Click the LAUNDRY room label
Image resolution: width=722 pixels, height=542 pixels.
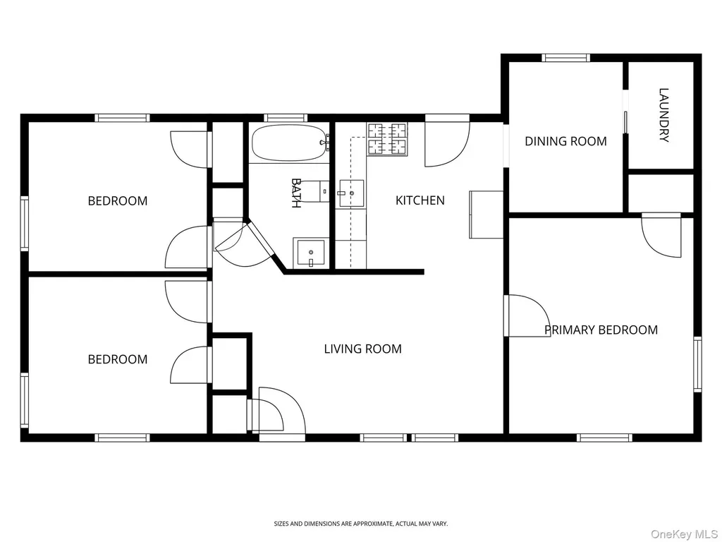pyautogui.click(x=663, y=115)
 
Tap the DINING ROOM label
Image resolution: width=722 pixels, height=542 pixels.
pyautogui.click(x=565, y=141)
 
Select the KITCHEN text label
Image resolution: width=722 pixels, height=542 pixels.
pyautogui.click(x=420, y=200)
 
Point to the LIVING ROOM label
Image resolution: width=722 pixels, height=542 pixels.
pyautogui.click(x=363, y=349)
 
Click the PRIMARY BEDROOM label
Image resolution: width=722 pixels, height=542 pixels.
pyautogui.click(x=601, y=330)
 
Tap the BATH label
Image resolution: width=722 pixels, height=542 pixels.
pyautogui.click(x=296, y=193)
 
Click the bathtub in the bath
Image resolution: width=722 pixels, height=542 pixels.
pyautogui.click(x=289, y=143)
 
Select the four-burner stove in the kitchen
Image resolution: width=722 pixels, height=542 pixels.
pyautogui.click(x=387, y=138)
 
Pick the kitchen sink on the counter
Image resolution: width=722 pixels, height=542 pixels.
pyautogui.click(x=351, y=193)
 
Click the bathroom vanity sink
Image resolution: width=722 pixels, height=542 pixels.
pyautogui.click(x=311, y=253)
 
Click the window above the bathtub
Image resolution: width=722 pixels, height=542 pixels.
pyautogui.click(x=286, y=118)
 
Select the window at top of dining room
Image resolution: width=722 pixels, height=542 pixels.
pyautogui.click(x=566, y=58)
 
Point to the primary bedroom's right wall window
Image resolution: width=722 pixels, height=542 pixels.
pyautogui.click(x=697, y=365)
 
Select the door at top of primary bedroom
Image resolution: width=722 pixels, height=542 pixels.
pyautogui.click(x=661, y=235)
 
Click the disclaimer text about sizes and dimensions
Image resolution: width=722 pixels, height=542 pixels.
pyautogui.click(x=360, y=524)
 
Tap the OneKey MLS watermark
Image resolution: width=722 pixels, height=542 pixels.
pyautogui.click(x=684, y=534)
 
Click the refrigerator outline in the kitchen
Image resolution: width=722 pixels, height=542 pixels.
pyautogui.click(x=487, y=215)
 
